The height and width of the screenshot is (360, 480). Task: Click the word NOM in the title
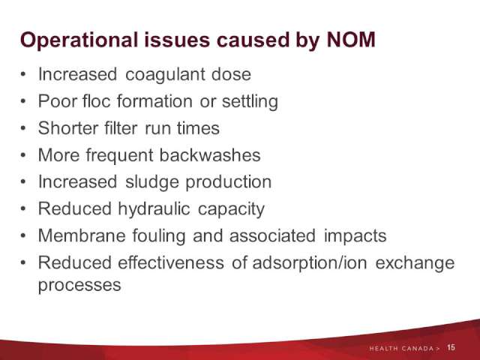click(351, 40)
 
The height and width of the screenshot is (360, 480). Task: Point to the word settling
click(250, 102)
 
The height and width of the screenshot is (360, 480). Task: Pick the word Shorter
click(68, 127)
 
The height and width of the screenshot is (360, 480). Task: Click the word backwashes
click(210, 154)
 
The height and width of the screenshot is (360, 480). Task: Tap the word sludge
click(152, 183)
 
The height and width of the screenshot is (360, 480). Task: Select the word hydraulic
click(154, 210)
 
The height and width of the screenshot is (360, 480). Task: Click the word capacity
click(231, 210)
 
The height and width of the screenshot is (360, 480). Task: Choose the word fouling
click(159, 237)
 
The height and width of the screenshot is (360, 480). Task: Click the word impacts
click(355, 237)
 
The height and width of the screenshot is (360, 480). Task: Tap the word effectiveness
click(171, 262)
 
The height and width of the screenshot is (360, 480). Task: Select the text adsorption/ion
click(310, 263)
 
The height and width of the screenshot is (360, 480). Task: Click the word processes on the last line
click(79, 286)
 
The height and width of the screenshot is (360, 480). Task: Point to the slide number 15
click(451, 347)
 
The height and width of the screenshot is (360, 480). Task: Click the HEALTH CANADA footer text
click(401, 348)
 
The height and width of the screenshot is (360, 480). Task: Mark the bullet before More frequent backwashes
click(23, 155)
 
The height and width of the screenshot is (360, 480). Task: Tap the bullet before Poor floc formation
click(23, 101)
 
